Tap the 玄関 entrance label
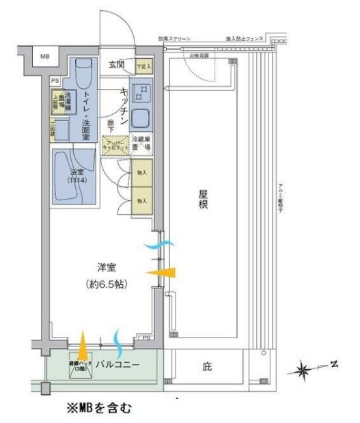click(115, 65)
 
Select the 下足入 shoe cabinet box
click(142, 66)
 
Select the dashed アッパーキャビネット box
click(115, 144)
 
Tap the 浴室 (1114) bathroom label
click(76, 176)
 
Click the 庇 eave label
click(207, 366)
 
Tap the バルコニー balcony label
click(117, 365)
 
